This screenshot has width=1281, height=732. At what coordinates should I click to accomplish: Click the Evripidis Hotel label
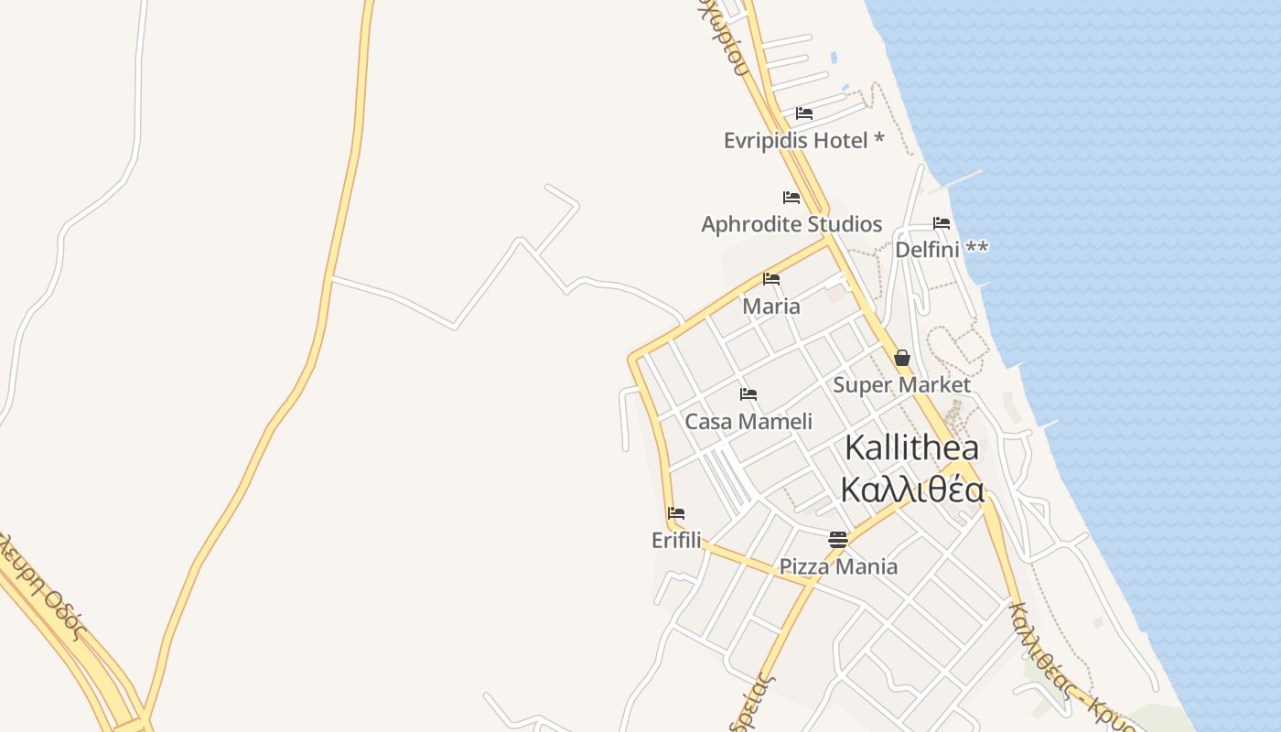[x=795, y=141]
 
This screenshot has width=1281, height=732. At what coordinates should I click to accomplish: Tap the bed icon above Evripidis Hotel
[x=804, y=113]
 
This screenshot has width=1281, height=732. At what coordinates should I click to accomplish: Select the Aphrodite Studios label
[x=791, y=224]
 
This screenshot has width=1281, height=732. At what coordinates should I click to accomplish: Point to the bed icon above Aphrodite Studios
[x=791, y=198]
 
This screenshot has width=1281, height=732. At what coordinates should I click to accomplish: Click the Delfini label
[x=927, y=250]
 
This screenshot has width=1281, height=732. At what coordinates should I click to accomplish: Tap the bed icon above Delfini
[x=942, y=223]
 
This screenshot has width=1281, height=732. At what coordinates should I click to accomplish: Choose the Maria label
[x=771, y=307]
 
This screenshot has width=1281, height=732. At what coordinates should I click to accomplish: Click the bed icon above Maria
[x=771, y=279]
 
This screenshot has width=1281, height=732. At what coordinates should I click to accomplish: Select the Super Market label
[x=901, y=385]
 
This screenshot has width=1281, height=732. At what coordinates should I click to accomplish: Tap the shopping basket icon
[x=902, y=358]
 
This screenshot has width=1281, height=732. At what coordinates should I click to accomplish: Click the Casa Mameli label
[x=748, y=422]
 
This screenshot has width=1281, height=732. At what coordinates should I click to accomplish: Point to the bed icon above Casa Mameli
[x=748, y=394]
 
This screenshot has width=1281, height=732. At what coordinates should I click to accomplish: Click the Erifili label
[x=676, y=541]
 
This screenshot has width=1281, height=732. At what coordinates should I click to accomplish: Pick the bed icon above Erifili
[x=676, y=513]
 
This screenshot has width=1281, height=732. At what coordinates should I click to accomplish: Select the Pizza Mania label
[x=838, y=567]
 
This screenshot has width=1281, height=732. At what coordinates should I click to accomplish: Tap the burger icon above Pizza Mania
[x=838, y=540]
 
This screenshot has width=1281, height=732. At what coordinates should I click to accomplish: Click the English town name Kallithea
[x=911, y=448]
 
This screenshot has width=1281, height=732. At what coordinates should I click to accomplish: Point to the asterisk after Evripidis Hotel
[x=879, y=138]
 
